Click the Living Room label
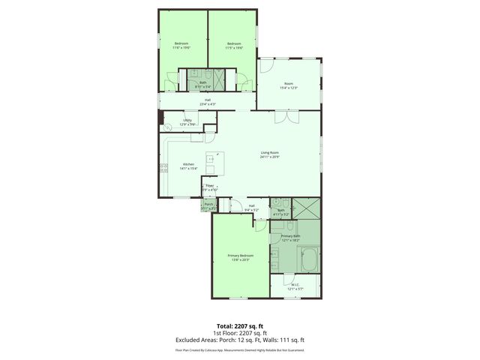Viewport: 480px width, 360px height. tap(270, 154)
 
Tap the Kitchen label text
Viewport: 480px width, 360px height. tap(189, 165)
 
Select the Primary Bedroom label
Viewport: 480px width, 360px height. tap(241, 256)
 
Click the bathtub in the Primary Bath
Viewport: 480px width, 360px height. tap(308, 262)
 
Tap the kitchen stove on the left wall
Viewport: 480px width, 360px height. tap(162, 169)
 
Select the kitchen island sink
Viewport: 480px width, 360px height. tap(211, 158)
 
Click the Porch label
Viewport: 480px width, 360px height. tap(209, 204)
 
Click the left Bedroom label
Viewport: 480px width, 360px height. tap(181, 43)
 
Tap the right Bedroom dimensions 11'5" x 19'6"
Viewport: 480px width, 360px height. tap(233, 48)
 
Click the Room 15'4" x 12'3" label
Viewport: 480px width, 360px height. tap(289, 85)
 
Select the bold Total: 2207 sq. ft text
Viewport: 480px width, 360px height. tap(240, 325)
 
